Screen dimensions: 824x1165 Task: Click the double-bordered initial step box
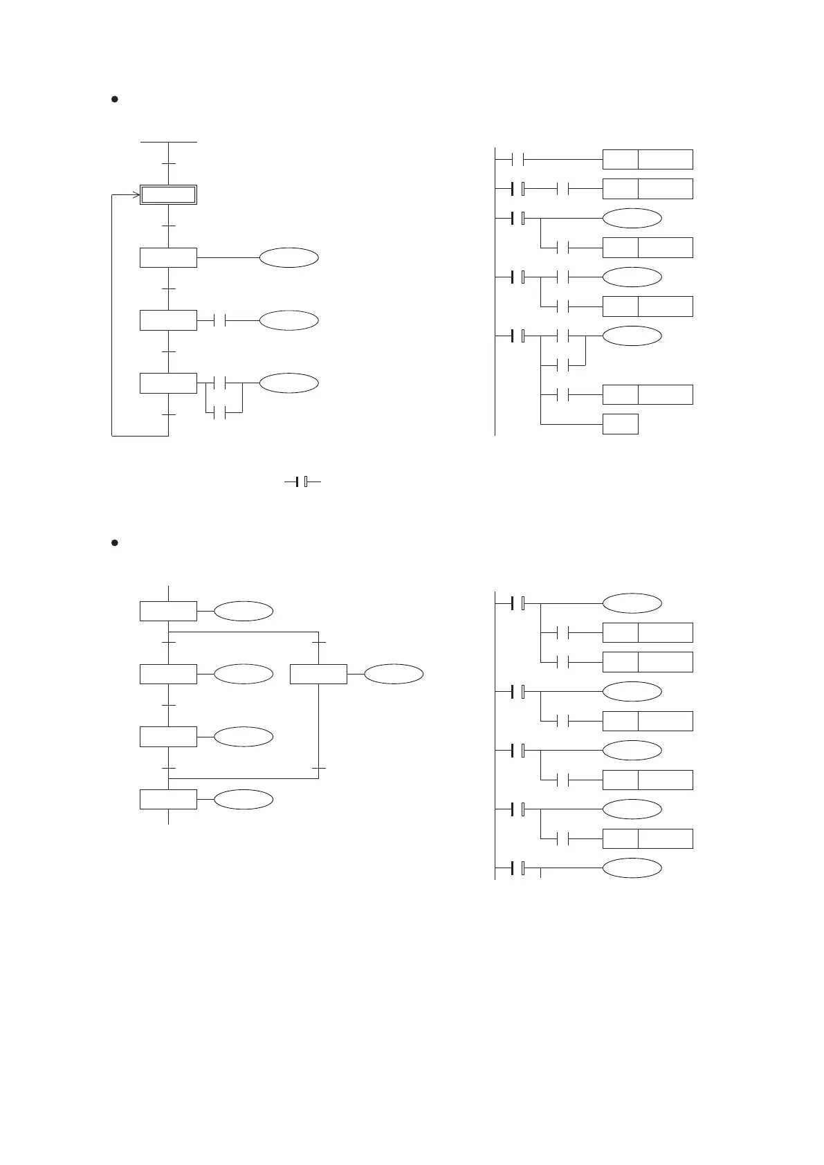(x=169, y=195)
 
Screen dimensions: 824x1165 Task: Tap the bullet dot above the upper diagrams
(x=116, y=100)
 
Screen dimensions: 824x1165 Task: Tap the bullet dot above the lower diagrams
(x=116, y=543)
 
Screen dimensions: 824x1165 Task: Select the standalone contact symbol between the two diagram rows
(x=302, y=481)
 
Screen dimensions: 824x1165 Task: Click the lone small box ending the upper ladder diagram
(x=620, y=424)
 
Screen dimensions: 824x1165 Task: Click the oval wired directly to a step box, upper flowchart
(x=289, y=257)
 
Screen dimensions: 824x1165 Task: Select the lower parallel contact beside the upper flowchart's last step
(x=221, y=414)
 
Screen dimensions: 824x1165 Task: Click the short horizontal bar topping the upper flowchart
(x=169, y=142)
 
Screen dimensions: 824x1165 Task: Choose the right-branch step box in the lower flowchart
(x=318, y=674)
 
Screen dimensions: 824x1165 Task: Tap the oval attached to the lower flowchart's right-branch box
(x=394, y=674)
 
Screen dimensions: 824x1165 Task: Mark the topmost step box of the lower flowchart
(x=169, y=612)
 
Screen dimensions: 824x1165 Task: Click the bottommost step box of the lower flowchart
(x=169, y=799)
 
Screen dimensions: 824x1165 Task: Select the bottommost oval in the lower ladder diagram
(x=632, y=868)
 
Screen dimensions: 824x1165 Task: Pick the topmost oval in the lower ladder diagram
(x=632, y=603)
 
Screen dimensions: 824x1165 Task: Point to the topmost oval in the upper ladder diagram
(x=632, y=218)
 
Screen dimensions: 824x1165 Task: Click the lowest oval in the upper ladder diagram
(x=632, y=336)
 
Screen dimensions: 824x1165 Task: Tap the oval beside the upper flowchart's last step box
(x=289, y=383)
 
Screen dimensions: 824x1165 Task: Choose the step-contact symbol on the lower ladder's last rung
(x=518, y=868)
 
